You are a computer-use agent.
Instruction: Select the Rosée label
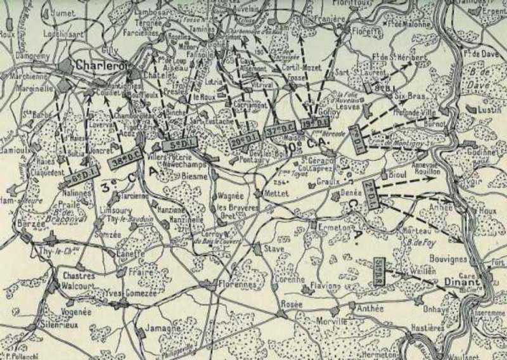point(292,304)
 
